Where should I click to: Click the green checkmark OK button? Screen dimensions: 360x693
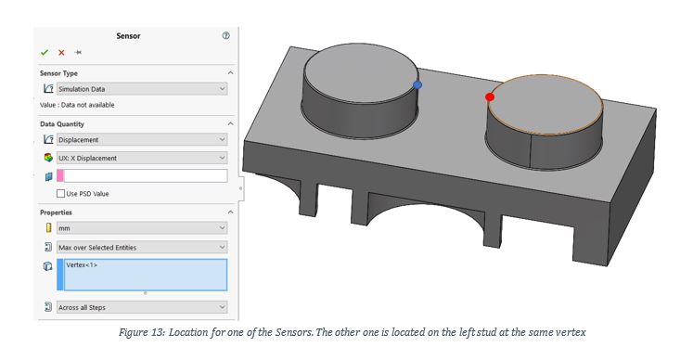[44, 53]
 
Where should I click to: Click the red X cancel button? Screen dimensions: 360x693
[61, 53]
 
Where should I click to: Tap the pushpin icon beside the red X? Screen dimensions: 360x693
[78, 53]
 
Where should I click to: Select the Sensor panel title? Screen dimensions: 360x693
[128, 35]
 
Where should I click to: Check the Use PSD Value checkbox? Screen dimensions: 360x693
[61, 193]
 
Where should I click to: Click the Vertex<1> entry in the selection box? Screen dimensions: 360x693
[83, 265]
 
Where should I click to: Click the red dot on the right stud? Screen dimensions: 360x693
[490, 96]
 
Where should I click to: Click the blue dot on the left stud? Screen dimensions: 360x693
[417, 84]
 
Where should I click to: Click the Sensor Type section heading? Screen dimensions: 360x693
[58, 72]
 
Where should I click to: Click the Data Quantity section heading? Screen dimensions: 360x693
[62, 123]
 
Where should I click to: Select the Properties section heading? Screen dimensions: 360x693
[56, 212]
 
